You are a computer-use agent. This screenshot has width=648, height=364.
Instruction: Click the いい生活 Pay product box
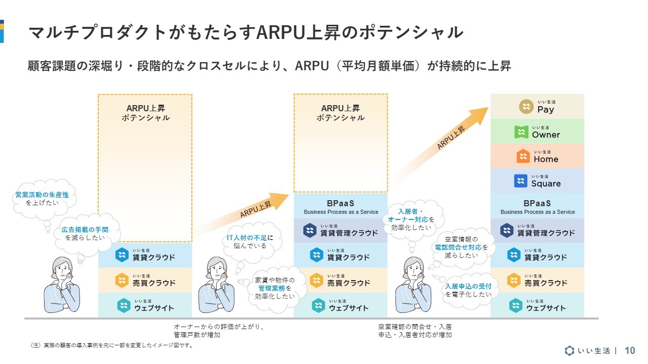tap(537, 106)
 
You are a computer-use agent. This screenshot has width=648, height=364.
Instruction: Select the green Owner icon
tap(521, 132)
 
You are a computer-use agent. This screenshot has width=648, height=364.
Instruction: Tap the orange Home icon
tap(523, 156)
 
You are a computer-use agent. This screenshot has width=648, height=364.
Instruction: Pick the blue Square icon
tap(520, 181)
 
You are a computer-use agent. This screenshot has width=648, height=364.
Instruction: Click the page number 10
tap(630, 351)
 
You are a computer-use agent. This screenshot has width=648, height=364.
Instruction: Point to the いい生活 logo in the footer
tap(588, 351)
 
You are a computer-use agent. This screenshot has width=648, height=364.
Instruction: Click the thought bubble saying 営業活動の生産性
tap(44, 199)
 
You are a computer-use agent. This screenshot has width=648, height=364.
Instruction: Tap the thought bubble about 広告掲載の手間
tap(86, 234)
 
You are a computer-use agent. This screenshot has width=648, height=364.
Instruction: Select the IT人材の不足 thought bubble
tap(251, 242)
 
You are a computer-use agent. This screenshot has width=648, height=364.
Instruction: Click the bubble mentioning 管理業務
tap(275, 288)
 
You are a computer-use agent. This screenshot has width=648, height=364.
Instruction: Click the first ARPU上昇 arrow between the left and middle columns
tap(241, 214)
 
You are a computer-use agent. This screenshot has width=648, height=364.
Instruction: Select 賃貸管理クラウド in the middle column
tap(341, 231)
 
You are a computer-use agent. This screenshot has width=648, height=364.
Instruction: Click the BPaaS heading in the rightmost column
tap(537, 203)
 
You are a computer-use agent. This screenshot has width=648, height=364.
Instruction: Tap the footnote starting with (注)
tap(112, 345)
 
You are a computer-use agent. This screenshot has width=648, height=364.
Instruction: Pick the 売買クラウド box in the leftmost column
tap(145, 280)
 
